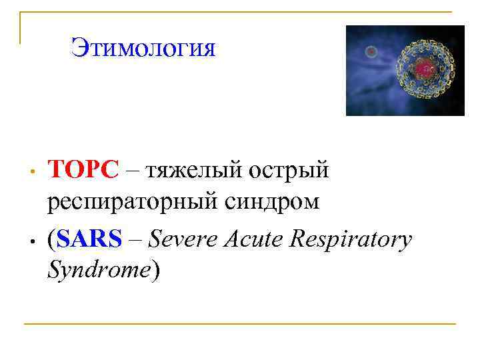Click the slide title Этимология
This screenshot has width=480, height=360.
click(143, 49)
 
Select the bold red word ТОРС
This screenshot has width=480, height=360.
click(82, 171)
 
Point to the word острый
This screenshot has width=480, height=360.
click(289, 171)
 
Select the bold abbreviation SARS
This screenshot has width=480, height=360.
click(89, 239)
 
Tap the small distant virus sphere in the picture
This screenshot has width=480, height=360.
click(371, 51)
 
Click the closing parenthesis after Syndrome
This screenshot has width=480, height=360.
click(156, 270)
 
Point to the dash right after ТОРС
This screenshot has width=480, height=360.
click(132, 172)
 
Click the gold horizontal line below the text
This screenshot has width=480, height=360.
click(240, 325)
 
